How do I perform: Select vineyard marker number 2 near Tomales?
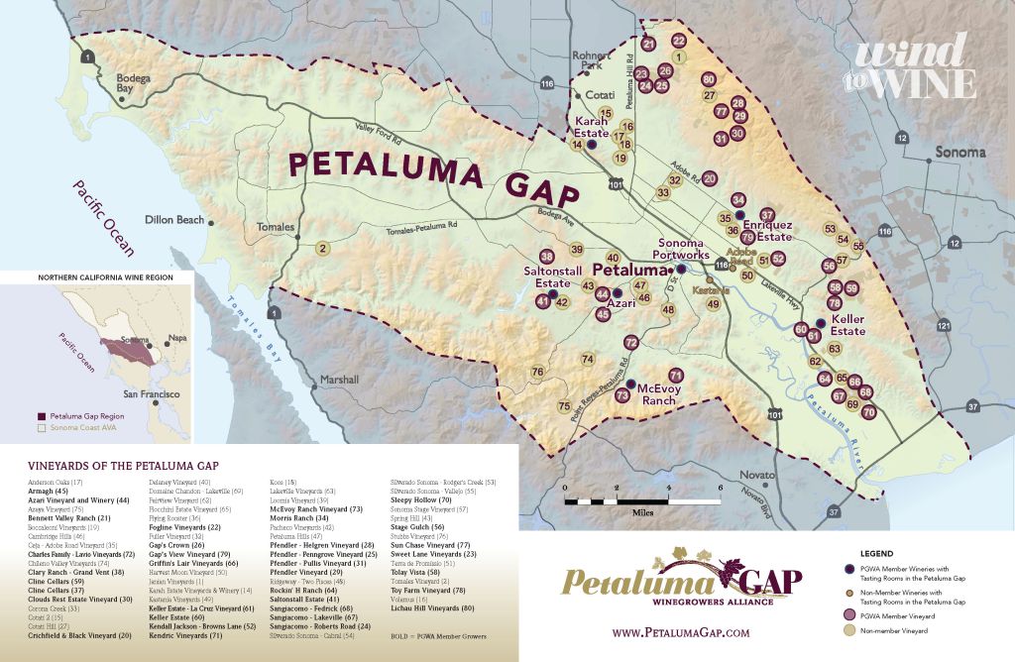pos(322,249)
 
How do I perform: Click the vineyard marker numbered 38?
pos(545,257)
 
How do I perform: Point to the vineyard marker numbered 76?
pos(537,373)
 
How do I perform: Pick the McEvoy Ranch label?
pos(656,394)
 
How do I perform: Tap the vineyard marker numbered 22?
pos(679,41)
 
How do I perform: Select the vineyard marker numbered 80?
pos(708,79)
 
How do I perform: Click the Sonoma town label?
pos(959,153)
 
